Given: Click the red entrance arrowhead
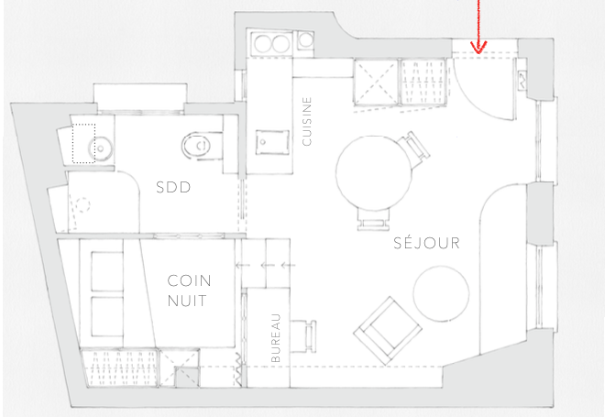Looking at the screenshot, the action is (478, 48).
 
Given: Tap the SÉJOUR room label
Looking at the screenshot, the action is (427, 243).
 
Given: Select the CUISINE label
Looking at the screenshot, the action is (307, 122).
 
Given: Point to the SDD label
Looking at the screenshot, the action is (173, 188).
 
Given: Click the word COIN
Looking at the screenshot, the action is (189, 280).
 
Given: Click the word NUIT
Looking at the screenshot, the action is (187, 301).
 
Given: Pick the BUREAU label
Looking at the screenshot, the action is (276, 338).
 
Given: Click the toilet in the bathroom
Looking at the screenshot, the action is (198, 146).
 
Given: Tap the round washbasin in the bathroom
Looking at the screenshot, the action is (100, 148).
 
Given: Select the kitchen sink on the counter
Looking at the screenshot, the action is (272, 142).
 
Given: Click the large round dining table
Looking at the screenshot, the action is (373, 173).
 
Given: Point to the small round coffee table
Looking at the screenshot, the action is (442, 293).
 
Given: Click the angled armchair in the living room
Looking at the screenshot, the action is (388, 331).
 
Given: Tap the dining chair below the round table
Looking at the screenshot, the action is (373, 219).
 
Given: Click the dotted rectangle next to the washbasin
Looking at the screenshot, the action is (83, 144).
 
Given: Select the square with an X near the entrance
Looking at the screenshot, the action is (376, 82).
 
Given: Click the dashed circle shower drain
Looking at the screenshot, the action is (82, 204).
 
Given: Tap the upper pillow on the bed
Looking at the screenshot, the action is (107, 271).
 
